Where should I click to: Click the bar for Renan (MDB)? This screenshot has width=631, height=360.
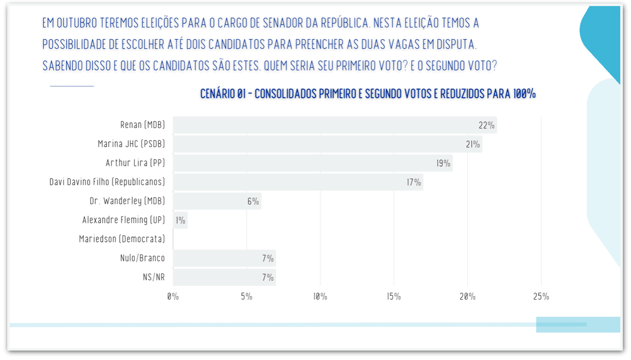[335, 125]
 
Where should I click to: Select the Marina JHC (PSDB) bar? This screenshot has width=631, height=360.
[328, 144]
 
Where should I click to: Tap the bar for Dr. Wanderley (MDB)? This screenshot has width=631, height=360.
[217, 201]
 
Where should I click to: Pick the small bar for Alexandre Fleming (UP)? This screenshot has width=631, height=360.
[180, 220]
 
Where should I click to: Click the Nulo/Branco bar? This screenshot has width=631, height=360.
[224, 258]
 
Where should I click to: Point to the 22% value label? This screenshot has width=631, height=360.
[486, 125]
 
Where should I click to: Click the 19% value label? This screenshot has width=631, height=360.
[443, 163]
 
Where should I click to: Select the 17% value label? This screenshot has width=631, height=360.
[414, 183]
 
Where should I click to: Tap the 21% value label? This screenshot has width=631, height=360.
[473, 144]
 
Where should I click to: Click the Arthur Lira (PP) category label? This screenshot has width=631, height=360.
[135, 163]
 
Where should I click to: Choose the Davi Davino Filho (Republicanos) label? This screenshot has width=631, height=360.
[107, 182]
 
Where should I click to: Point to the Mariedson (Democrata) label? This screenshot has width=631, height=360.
[122, 239]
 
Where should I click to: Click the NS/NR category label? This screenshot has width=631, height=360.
[154, 277]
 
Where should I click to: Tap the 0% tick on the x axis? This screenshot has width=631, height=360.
[173, 296]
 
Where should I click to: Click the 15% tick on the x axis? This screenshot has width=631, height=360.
[394, 296]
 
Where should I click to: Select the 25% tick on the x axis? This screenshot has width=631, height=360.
[541, 296]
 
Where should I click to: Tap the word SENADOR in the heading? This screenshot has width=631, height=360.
[283, 23]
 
